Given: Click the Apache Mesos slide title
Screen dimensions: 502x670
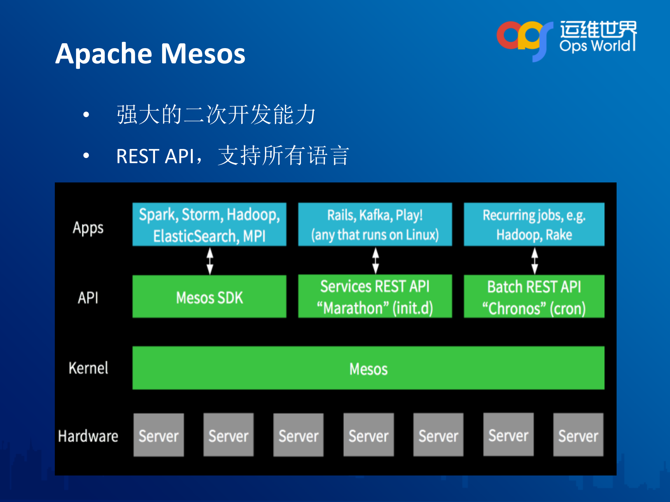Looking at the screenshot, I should pos(150,54).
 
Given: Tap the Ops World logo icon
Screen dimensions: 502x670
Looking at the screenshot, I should pos(525,39).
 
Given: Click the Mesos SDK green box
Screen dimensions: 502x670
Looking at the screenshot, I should pos(209,297).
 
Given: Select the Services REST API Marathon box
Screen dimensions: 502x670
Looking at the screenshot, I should pos(375,297).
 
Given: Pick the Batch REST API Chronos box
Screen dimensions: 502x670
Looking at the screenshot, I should pos(534,297).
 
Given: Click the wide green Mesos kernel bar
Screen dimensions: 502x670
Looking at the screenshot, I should pos(368,368).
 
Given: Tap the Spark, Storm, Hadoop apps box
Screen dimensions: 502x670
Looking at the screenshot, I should pos(209,225).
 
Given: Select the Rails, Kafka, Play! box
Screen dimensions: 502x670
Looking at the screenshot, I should pos(375,225).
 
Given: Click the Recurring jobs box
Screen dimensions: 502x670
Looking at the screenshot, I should pos(534,225).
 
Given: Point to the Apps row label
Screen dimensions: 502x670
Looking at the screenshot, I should pos(88,228).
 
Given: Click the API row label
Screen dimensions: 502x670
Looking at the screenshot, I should pos(88,298).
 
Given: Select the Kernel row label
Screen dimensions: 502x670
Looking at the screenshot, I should pos(88,368).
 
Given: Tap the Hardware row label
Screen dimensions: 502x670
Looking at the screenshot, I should pos(88,436).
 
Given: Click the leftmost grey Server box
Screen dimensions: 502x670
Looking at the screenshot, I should pos(159,435).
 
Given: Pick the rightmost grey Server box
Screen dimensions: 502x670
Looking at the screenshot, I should pos(578,435).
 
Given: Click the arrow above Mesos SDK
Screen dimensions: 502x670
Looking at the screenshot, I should pos(210,261).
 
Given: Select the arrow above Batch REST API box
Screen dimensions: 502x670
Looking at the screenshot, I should pos(535,261).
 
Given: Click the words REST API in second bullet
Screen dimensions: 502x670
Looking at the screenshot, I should pos(155,156).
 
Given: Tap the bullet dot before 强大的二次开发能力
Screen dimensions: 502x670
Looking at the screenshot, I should pos(86,114).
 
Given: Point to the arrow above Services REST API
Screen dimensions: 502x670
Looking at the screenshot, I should pos(375,261).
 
